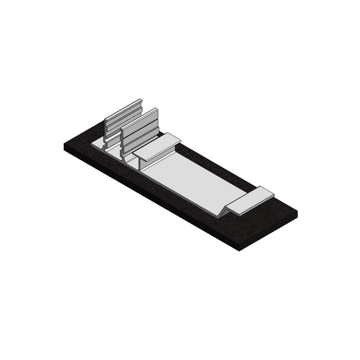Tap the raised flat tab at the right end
click(250, 200)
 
